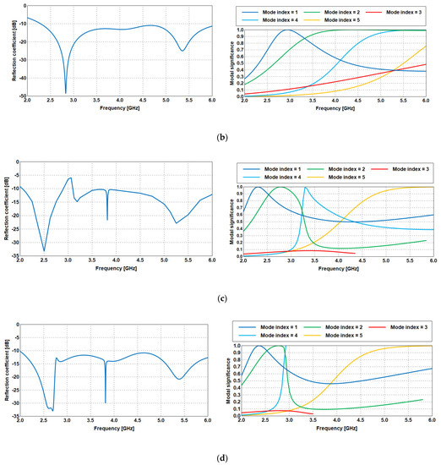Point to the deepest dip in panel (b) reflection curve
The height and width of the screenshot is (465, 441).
pos(66,92)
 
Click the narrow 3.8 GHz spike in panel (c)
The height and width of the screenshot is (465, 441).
pos(107,219)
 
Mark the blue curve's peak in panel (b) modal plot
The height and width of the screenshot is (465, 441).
pos(288,30)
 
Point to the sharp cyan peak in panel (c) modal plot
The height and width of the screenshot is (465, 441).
pos(304,187)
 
